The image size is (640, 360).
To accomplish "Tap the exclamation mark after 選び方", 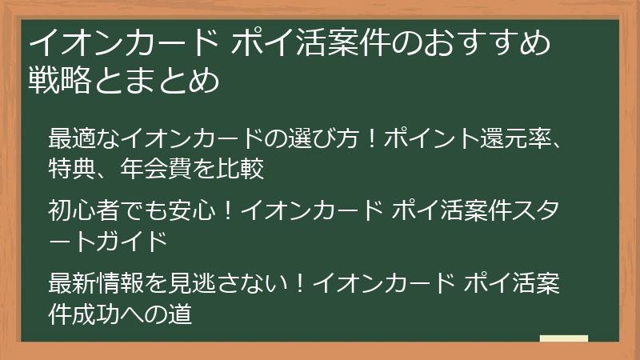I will click(370, 138).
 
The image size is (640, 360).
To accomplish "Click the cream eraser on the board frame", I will click(563, 339).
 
